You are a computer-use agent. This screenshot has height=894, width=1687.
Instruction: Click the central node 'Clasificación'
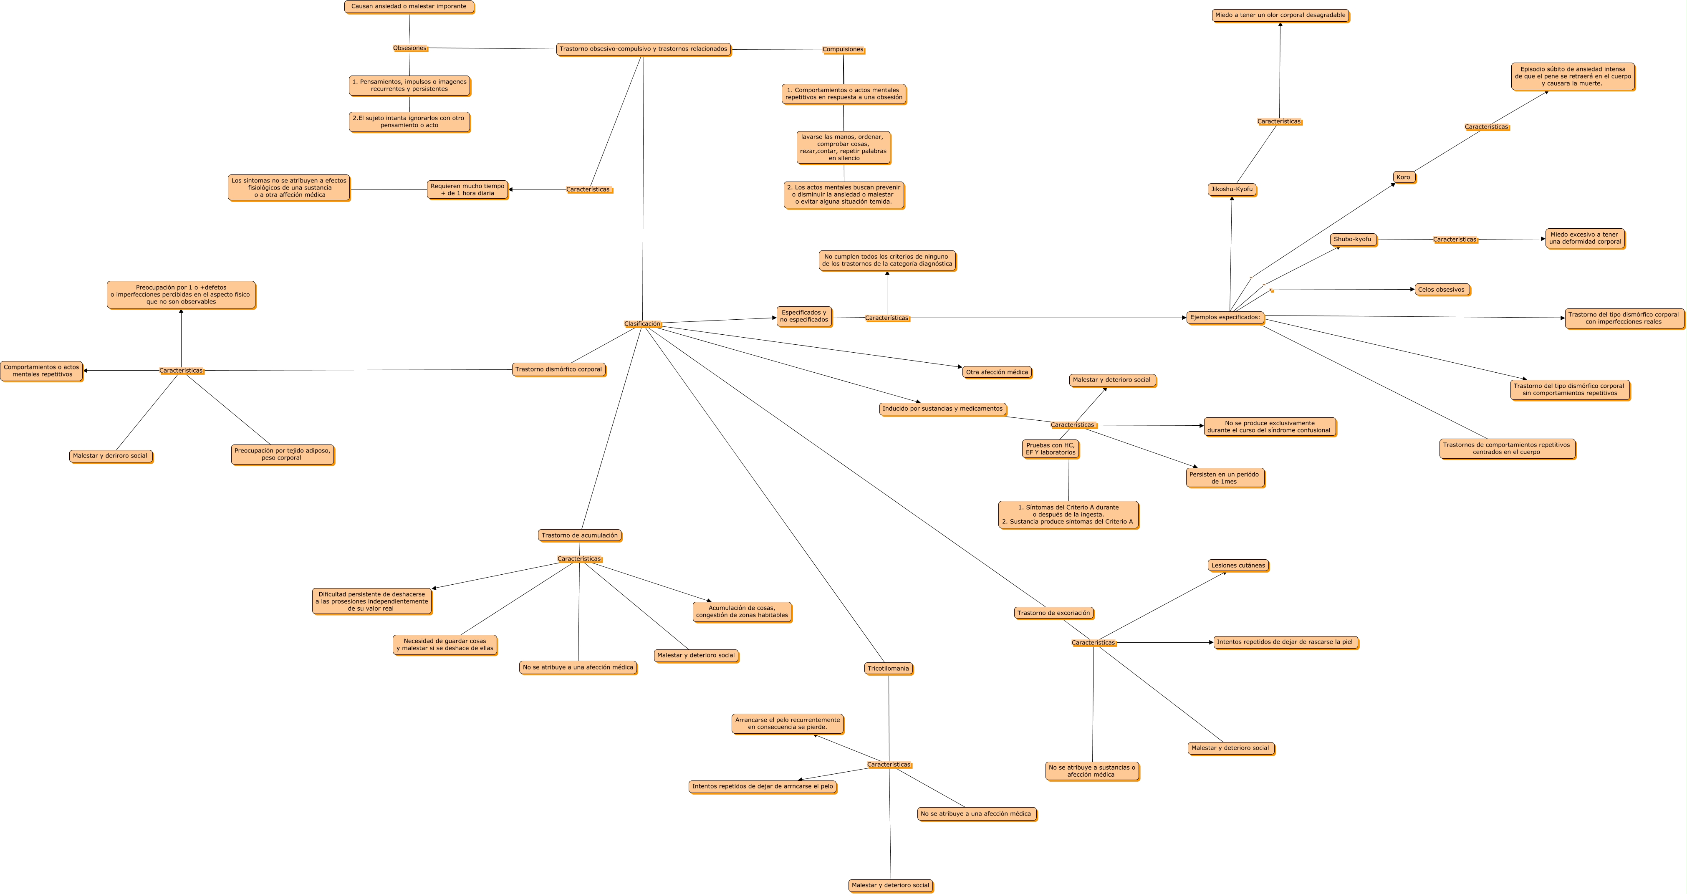(642, 323)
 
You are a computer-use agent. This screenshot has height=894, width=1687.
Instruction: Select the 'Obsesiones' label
(410, 48)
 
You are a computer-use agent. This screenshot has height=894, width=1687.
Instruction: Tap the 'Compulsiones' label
(843, 49)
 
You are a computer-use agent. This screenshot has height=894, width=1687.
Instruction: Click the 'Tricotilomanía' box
(888, 668)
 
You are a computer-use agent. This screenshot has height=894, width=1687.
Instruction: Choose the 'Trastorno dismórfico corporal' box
(558, 369)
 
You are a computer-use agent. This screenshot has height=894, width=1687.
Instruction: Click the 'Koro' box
(1404, 177)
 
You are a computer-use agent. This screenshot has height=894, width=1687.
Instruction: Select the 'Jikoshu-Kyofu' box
(1232, 189)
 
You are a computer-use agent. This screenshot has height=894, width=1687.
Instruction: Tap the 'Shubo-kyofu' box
(1353, 239)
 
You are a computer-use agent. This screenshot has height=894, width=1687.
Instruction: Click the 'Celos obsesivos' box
(1442, 290)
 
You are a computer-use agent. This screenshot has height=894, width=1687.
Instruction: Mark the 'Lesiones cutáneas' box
(1238, 565)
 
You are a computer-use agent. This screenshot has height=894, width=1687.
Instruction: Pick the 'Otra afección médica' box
(997, 372)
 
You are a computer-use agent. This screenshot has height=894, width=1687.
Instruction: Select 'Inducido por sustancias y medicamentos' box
(942, 409)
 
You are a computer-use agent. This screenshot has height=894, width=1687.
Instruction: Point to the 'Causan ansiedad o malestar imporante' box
(409, 7)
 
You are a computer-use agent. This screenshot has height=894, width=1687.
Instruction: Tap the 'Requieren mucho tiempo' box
(467, 189)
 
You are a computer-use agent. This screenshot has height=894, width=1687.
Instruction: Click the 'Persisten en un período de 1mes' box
(1225, 477)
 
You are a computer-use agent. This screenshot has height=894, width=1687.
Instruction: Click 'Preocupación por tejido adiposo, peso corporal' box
(282, 455)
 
